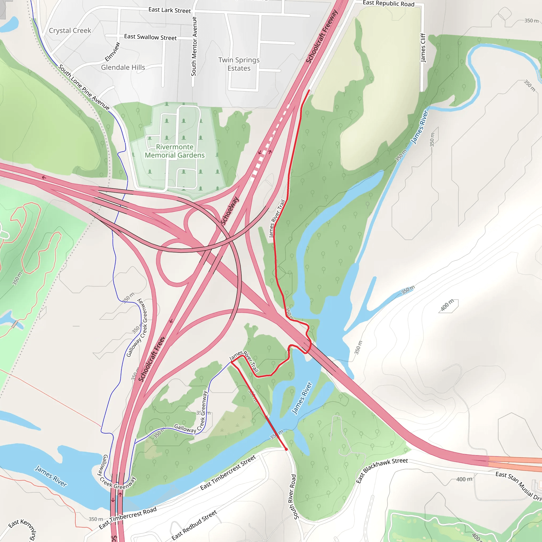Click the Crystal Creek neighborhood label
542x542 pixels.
point(70,31)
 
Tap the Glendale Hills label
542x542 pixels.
point(123,67)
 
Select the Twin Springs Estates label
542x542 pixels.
point(239,64)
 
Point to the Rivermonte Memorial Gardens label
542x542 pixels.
point(174,151)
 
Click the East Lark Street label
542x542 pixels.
point(169,10)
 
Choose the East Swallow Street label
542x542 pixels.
point(150,37)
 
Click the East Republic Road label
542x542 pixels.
point(388,4)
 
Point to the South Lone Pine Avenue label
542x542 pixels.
point(84,87)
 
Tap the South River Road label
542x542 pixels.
point(292,496)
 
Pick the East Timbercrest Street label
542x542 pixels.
point(228,472)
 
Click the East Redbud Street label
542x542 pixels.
point(194,525)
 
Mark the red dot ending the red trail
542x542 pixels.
point(286,449)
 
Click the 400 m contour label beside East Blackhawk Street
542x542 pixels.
point(464,479)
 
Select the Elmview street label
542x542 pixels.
point(112,52)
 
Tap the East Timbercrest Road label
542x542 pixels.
point(128,518)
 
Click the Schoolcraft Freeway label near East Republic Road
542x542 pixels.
point(322,37)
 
